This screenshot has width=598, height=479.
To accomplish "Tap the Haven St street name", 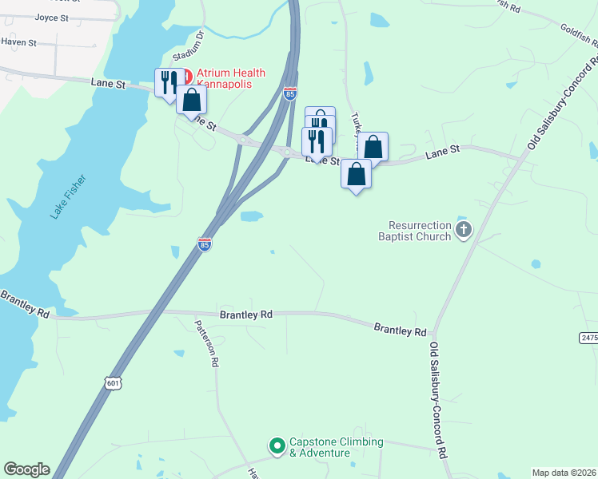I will click(x=21, y=42).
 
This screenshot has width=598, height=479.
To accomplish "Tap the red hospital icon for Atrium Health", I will click(x=187, y=76).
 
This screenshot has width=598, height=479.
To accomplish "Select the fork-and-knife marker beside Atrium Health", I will click(x=168, y=82).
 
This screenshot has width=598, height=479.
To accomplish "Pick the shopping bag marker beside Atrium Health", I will click(x=192, y=99).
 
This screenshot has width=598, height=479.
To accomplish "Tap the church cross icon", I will click(x=463, y=231).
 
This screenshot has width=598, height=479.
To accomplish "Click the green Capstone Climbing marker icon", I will click(x=277, y=445).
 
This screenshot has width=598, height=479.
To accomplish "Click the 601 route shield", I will click(x=114, y=383).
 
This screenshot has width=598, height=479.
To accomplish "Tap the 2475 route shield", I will click(x=588, y=338).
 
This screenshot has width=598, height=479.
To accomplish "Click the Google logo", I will click(x=26, y=469).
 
